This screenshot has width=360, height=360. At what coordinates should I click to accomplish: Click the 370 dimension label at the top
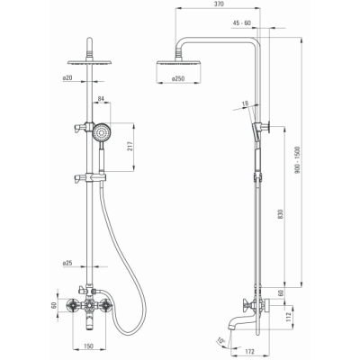point(220,4)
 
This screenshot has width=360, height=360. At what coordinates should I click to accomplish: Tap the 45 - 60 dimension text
point(241,23)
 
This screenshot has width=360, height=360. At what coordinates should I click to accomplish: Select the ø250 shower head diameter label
point(178,78)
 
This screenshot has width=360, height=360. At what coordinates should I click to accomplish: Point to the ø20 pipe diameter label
point(67,78)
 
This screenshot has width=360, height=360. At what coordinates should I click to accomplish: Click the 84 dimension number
point(101,98)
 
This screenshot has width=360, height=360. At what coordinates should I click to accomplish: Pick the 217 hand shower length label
point(130,147)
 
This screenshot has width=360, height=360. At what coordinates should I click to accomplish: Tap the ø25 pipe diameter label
point(67,263)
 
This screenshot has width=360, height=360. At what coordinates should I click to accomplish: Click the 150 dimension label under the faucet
point(88,346)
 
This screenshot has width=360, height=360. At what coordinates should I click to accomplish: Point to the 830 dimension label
point(281,214)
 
